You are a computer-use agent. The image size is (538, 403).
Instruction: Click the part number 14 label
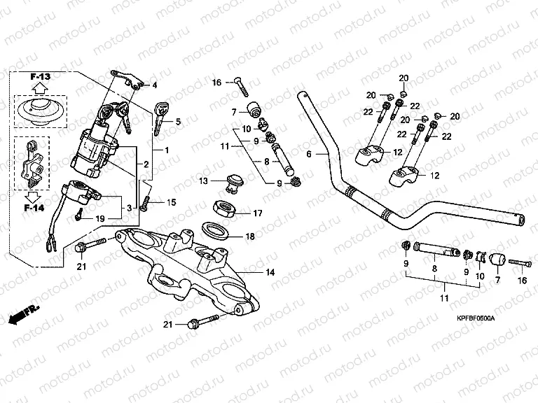(x=270, y=271)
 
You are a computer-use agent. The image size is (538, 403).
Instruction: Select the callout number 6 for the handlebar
(x=309, y=153)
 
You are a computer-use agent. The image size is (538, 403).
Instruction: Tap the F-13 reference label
(x=41, y=75)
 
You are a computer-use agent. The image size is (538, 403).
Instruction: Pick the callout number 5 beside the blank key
(x=178, y=122)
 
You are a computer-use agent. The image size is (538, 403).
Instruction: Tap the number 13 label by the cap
(x=203, y=181)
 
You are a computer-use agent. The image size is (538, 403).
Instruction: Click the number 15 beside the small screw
(x=170, y=201)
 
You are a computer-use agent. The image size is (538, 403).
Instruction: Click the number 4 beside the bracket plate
(x=155, y=85)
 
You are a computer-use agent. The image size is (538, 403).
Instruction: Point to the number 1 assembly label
(x=166, y=150)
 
